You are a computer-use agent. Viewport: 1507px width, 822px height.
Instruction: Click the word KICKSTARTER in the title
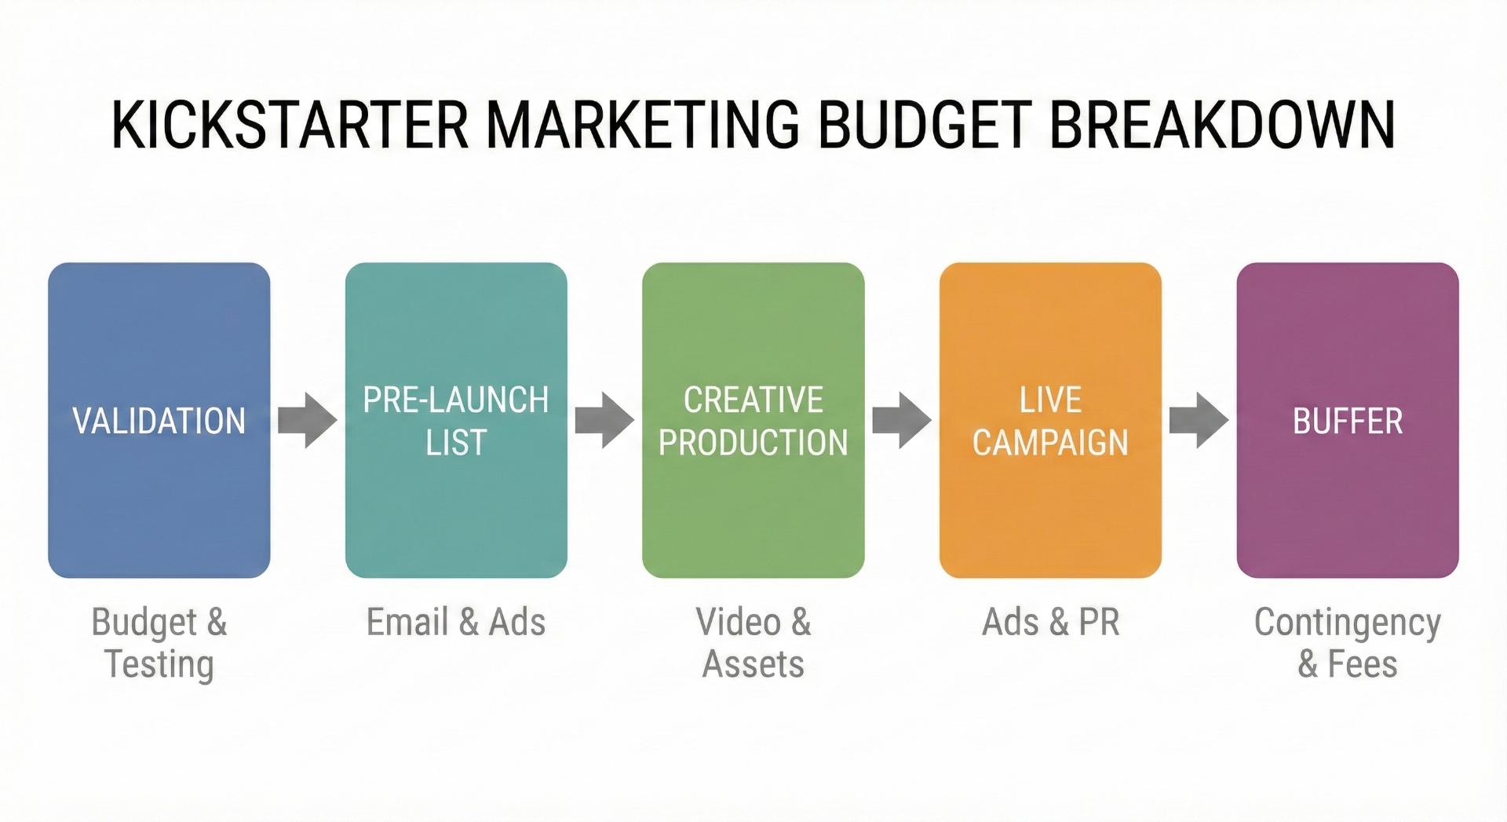pos(290,125)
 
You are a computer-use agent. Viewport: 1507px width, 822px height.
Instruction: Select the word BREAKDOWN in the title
pos(1222,125)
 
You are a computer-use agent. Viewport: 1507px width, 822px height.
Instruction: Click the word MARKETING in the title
pos(643,125)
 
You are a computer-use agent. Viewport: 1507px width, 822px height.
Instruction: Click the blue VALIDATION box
pos(159,420)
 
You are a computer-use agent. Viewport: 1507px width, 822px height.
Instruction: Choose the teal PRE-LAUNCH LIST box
pos(456,420)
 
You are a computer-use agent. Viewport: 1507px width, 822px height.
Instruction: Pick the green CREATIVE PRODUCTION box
pos(753,420)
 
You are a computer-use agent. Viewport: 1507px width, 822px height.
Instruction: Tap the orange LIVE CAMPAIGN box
pos(1050,420)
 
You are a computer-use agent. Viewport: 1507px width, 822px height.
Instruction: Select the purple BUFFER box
pos(1348,420)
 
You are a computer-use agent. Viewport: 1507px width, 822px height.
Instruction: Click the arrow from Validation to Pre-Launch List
pos(308,420)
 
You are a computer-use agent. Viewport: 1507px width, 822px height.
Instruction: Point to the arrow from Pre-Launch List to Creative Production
pos(604,420)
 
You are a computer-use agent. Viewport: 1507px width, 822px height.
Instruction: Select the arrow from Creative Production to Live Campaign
pos(902,420)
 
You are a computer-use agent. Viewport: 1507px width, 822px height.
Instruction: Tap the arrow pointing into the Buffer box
pos(1199,420)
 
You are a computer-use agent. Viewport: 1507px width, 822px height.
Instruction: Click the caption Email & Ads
pos(456,623)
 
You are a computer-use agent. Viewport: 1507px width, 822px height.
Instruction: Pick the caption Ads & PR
pos(1050,623)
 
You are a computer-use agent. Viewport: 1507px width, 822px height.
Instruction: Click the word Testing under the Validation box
pos(159,664)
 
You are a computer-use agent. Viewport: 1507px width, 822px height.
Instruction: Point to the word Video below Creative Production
pos(738,623)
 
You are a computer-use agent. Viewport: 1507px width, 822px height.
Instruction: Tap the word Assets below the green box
pos(753,664)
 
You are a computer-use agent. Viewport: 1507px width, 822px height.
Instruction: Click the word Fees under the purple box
pos(1363,664)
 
